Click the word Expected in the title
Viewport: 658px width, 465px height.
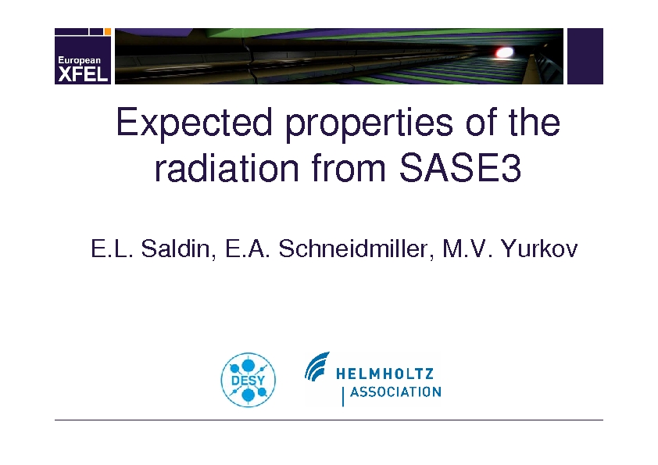tap(194, 122)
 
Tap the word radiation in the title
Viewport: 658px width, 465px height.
tap(227, 168)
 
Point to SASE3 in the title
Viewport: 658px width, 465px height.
tap(460, 168)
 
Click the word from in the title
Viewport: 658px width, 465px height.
tap(349, 168)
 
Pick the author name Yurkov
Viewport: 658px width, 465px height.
tap(539, 248)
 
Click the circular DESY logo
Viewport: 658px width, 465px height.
tap(249, 380)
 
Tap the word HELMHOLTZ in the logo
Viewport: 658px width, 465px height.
tap(384, 373)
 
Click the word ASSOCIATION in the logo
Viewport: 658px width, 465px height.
tap(395, 392)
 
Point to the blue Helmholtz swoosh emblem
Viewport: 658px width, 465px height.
tap(316, 367)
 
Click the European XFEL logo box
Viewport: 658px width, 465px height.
tap(83, 56)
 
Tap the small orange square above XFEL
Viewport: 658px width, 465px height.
tap(107, 31)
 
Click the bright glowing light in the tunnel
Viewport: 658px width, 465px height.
tap(504, 52)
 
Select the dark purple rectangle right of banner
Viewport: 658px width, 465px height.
tap(585, 56)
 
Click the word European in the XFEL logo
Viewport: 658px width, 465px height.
tap(79, 60)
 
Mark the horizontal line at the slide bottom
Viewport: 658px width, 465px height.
tap(329, 420)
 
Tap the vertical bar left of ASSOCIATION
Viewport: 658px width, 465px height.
tap(343, 396)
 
